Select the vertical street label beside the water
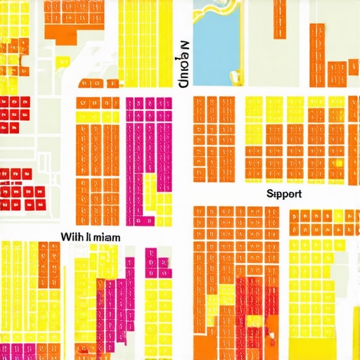pos(184,64)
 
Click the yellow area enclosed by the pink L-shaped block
pos(150,190)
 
